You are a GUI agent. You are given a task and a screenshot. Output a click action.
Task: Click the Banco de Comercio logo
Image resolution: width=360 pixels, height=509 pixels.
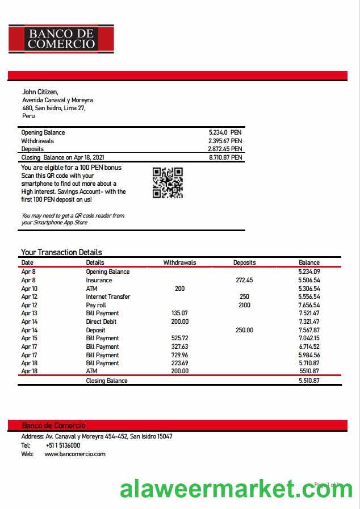pos(61,39)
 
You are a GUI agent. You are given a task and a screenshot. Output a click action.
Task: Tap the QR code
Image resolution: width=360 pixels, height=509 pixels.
pos(168,182)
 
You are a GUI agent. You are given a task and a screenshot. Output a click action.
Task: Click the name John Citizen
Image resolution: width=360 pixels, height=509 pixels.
pos(40,92)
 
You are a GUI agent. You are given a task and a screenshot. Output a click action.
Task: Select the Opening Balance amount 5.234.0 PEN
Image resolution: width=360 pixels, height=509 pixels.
pos(225,132)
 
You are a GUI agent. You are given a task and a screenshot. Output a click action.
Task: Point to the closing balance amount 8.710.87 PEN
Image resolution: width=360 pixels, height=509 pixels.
pos(225,157)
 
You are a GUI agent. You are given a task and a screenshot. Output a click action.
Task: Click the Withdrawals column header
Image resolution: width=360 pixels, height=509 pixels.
pos(179,262)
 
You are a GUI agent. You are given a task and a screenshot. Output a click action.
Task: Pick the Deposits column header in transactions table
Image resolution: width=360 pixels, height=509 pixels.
pos(244,262)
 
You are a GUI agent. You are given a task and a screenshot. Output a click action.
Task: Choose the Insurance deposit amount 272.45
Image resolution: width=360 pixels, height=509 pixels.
pos(244,280)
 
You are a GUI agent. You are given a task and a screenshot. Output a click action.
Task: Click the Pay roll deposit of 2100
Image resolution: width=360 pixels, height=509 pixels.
pos(244,305)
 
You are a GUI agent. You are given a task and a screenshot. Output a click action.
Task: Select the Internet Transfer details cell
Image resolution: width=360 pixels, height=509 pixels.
pos(108,297)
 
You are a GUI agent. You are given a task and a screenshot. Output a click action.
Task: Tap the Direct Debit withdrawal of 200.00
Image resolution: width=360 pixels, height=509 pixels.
pos(179,322)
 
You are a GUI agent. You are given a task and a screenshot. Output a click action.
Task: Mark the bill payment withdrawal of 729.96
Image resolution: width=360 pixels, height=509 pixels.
pos(179,354)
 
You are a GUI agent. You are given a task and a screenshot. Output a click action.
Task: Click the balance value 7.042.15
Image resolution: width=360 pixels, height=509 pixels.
pos(309,338)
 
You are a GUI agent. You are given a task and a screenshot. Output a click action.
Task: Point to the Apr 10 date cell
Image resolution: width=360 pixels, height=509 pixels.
pos(29,289)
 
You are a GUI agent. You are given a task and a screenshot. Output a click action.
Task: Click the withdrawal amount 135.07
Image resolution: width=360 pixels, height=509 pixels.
pos(179,313)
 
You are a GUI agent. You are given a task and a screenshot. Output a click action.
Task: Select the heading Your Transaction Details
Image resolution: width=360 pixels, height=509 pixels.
pos(61,252)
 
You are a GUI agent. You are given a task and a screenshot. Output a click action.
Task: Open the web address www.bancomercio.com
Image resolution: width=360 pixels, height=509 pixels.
pos(75,454)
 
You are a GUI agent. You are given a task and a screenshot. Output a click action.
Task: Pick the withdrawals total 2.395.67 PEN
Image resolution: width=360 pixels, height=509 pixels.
pos(225,141)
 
